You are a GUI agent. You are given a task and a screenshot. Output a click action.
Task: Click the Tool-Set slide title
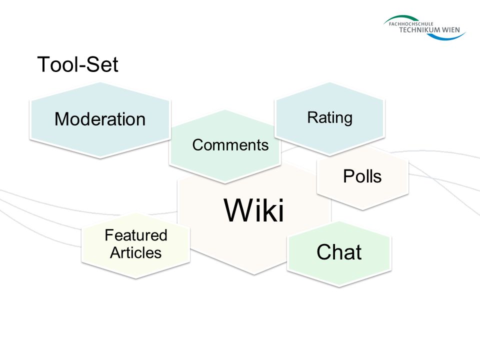[x=78, y=64]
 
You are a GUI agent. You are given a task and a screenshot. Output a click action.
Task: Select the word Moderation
[x=100, y=119]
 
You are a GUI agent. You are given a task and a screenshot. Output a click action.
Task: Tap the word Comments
[x=230, y=145]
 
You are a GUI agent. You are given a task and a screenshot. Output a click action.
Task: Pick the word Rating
[x=329, y=118]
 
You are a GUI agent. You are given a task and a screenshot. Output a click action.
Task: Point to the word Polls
[x=362, y=176]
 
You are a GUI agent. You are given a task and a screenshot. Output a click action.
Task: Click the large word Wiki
[x=254, y=210]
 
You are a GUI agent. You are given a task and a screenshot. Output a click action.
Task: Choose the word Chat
[x=339, y=252]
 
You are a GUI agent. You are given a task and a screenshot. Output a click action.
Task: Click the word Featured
[x=136, y=235]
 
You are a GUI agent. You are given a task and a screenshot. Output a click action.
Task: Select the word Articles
[x=135, y=252]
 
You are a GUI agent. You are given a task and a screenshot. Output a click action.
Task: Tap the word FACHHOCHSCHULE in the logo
[x=411, y=23]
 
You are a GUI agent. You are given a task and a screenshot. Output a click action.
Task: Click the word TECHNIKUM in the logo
[x=419, y=29]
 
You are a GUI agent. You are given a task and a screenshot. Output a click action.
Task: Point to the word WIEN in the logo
[x=450, y=29]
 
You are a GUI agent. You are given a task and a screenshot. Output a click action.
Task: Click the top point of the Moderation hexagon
[x=100, y=82]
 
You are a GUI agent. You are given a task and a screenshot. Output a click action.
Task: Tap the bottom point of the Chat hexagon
[x=339, y=287]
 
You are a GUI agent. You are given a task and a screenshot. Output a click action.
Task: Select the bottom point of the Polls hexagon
[x=363, y=210]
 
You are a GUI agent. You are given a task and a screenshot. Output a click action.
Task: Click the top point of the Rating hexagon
[x=329, y=82]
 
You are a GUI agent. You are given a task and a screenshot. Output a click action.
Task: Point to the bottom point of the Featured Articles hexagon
[x=135, y=278]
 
